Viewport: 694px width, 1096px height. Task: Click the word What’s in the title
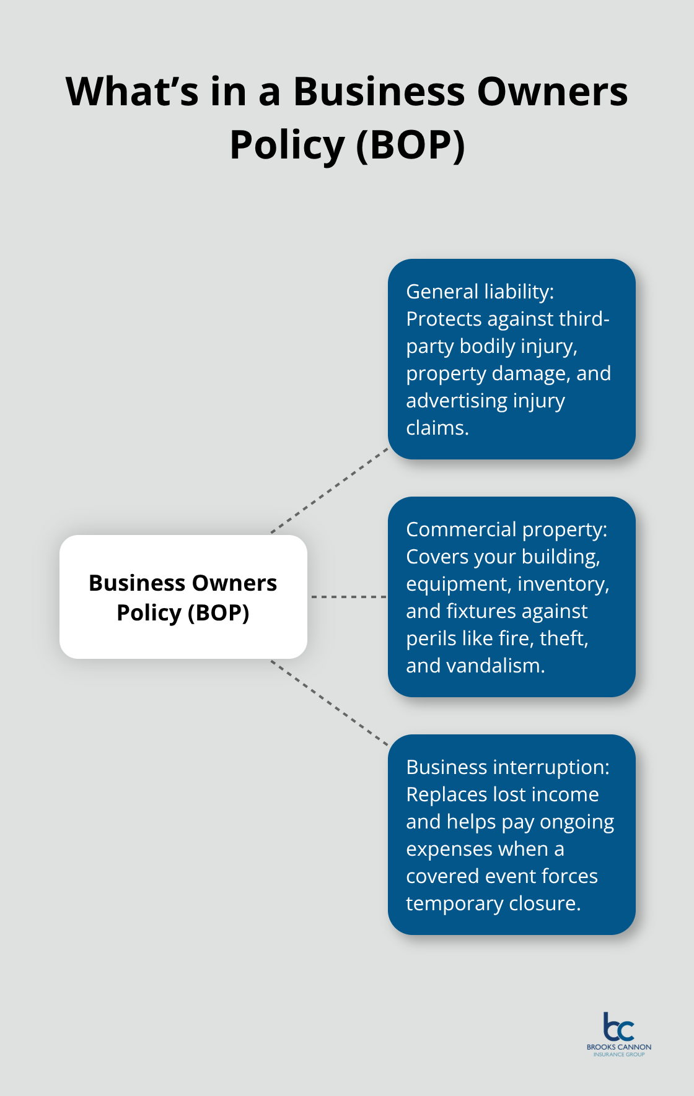[132, 92]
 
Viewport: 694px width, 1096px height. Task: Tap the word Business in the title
[379, 92]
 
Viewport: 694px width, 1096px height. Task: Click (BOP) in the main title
[410, 146]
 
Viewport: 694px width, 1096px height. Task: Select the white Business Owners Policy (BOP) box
[183, 597]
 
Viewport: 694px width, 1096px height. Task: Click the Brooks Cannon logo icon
[618, 1027]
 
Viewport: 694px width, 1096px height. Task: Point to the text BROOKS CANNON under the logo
[618, 1047]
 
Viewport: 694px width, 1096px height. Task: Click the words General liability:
[480, 292]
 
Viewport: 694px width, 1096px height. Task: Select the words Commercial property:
[506, 529]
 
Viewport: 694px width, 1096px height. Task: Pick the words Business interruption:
[507, 767]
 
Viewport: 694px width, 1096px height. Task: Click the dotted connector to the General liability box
[330, 490]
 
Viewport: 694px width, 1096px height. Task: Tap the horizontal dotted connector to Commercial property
[348, 597]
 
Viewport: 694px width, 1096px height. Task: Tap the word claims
[437, 428]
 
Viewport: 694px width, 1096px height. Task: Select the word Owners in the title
[552, 92]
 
